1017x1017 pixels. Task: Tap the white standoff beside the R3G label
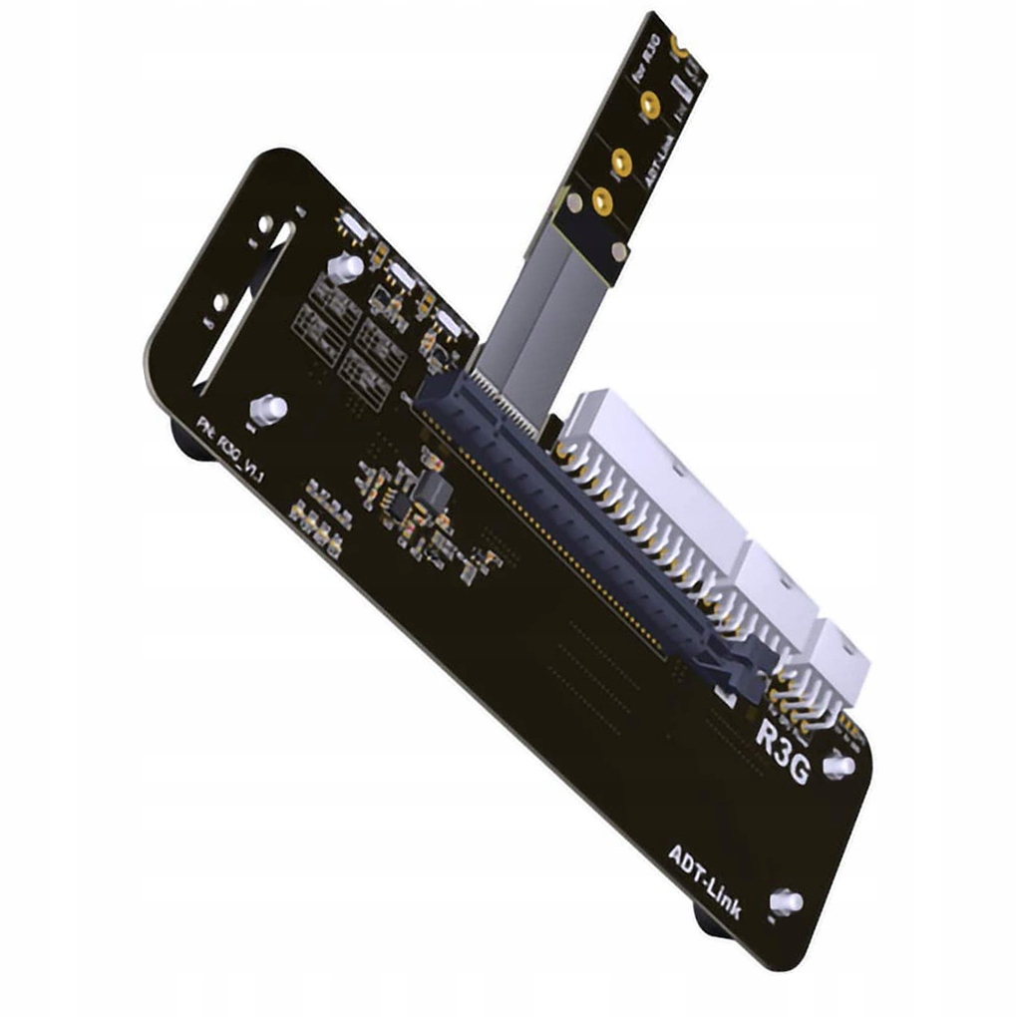pyautogui.click(x=839, y=765)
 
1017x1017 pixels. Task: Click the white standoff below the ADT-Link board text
pyautogui.click(x=788, y=901)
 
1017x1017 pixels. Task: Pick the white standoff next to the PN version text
pyautogui.click(x=270, y=408)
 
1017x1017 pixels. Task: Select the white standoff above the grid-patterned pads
pyautogui.click(x=345, y=266)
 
